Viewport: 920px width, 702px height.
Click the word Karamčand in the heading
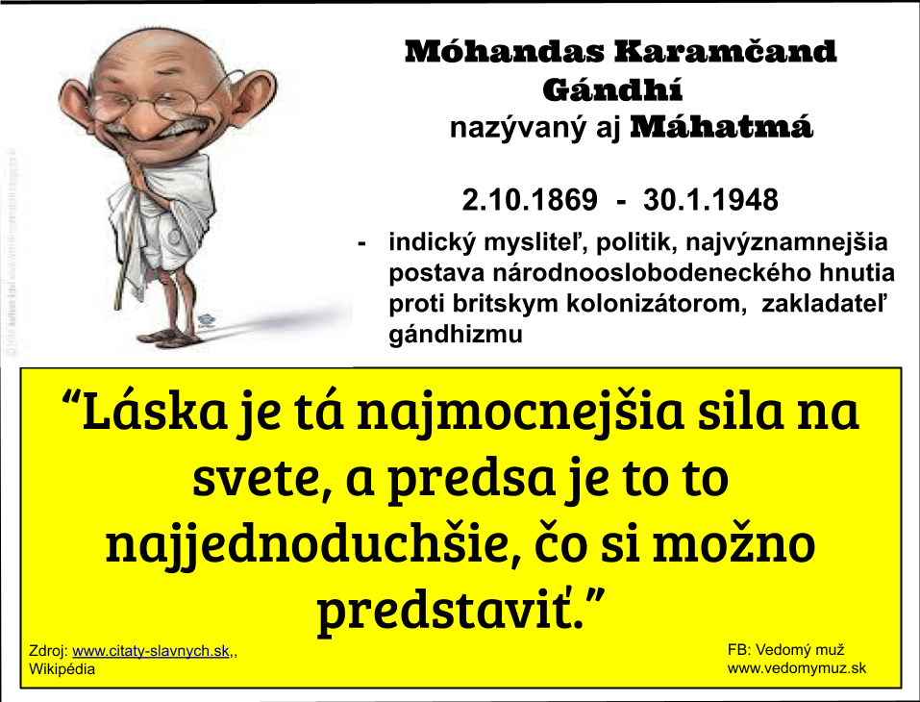click(x=725, y=52)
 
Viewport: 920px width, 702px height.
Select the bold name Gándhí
click(x=612, y=89)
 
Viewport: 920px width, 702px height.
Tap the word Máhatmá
click(x=722, y=126)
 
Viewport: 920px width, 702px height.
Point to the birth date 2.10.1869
click(x=530, y=200)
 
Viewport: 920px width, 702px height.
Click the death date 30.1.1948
click(x=710, y=200)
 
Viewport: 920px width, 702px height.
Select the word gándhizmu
click(x=456, y=335)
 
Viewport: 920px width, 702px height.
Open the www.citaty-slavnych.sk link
click(x=151, y=651)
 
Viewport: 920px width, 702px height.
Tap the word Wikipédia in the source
click(x=62, y=669)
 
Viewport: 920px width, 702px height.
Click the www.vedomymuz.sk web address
click(x=797, y=668)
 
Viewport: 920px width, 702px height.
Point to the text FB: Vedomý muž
click(x=785, y=650)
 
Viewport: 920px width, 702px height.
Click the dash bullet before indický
click(x=362, y=243)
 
